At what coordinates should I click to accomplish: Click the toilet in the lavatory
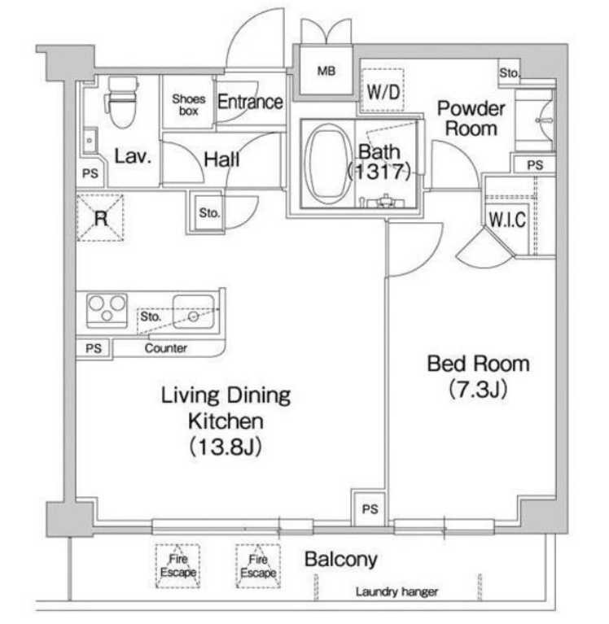coord(122,102)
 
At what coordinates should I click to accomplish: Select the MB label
coord(326,71)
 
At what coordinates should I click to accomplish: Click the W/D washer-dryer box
coord(383,91)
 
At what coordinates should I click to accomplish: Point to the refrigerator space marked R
coord(100,218)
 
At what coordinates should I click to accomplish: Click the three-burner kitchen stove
coord(107,311)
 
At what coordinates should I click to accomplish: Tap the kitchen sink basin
coord(194,312)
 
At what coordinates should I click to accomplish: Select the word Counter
coord(166,348)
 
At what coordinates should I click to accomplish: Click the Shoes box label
coord(188,105)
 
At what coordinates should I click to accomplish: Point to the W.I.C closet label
coord(507,220)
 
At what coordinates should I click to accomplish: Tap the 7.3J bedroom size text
coord(478,389)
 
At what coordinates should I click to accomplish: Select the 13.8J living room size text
coord(225,447)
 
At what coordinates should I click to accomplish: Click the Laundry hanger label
coord(397,591)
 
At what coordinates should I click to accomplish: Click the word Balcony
coord(341,560)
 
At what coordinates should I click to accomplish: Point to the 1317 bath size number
coord(379,172)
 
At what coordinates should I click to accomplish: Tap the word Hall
coord(221,160)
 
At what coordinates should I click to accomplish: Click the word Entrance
coord(250,102)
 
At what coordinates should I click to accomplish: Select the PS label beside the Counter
coord(94,349)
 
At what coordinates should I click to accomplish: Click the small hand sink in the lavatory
coord(90,140)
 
